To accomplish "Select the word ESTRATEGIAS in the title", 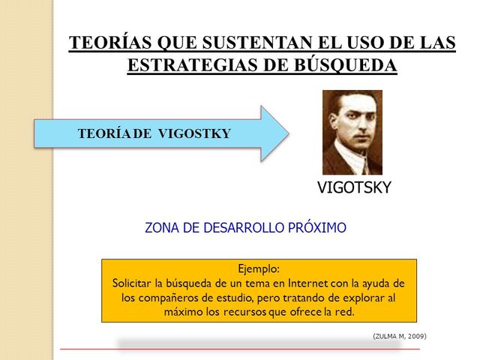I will pyautogui.click(x=197, y=65).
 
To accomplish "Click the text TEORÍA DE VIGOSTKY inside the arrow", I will pyautogui.click(x=154, y=134).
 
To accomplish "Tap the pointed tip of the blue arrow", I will pyautogui.click(x=287, y=133).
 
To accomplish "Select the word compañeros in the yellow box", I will pyautogui.click(x=175, y=297).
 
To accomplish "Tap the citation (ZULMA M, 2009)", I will pyautogui.click(x=399, y=336).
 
